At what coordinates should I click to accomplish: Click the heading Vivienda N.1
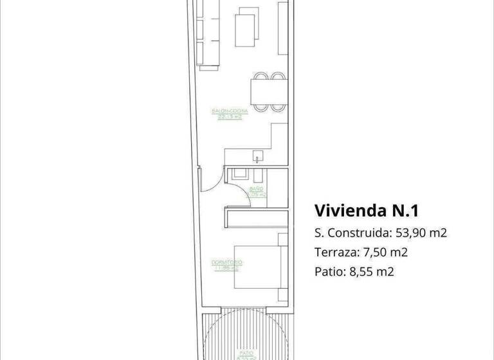[367, 211]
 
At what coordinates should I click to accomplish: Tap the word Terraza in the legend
[334, 252]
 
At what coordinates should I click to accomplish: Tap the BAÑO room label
[256, 189]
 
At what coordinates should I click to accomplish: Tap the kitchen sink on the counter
[258, 156]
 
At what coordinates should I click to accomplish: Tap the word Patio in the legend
[326, 271]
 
